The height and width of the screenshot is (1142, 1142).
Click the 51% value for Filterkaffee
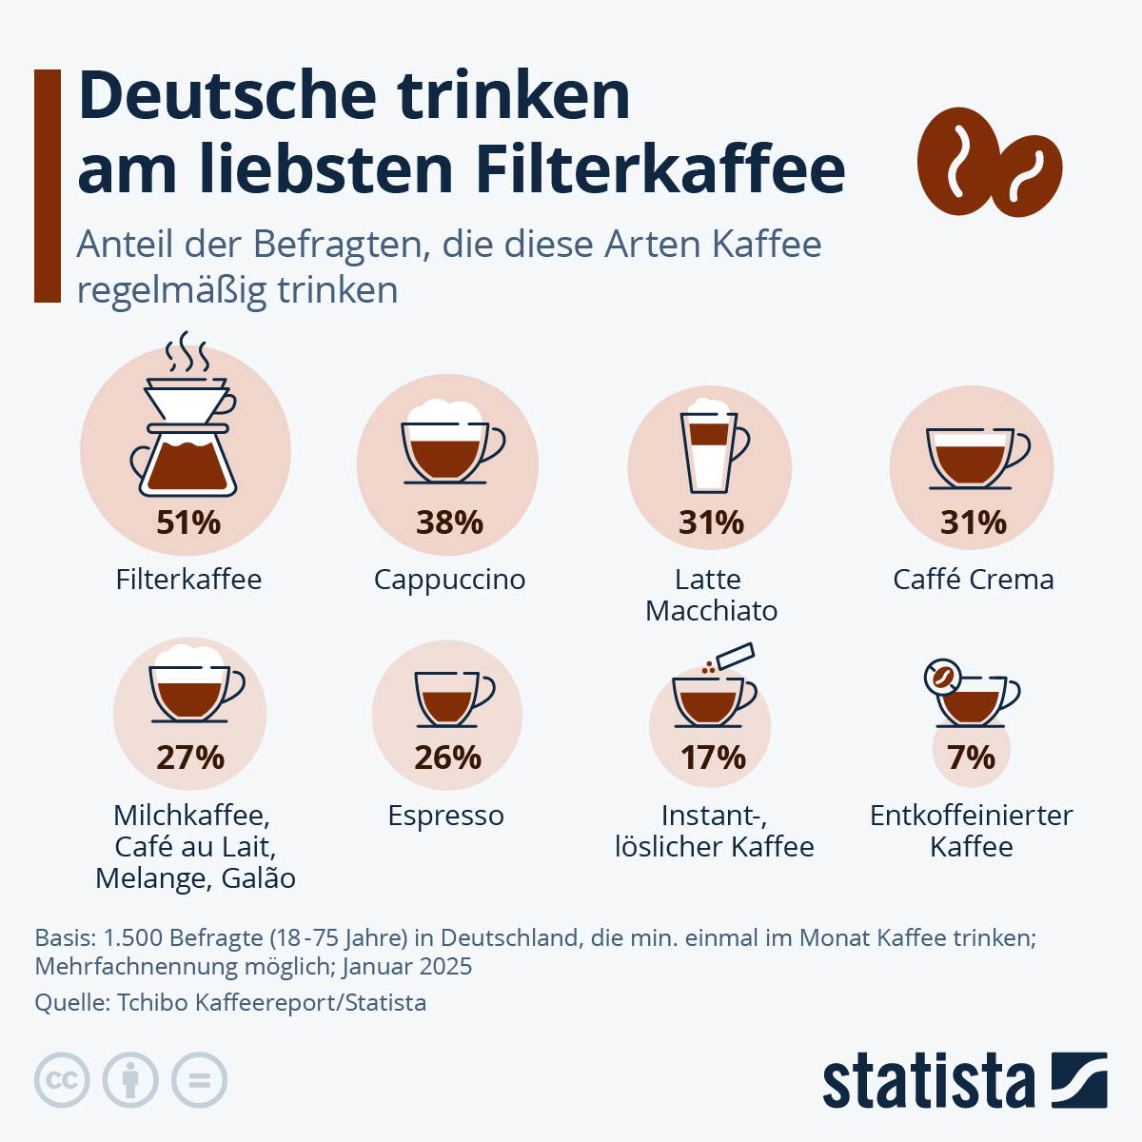188,522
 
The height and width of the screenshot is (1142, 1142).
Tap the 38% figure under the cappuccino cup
449,522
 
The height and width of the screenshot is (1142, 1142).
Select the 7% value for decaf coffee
971,758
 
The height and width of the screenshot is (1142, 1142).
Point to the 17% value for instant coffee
713,758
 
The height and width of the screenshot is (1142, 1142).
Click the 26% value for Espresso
447,758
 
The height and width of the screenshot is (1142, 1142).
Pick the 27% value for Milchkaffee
190,758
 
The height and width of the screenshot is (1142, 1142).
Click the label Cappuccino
449,580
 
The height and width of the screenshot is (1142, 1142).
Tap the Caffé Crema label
973,580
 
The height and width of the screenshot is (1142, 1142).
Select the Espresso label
445,816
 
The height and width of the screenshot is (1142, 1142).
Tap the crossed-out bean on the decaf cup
942,677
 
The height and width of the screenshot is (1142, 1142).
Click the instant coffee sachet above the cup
736,656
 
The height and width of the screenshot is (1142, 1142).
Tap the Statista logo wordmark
928,1082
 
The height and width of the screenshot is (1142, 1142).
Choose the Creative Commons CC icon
62,1080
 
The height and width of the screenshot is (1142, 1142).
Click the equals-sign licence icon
199,1080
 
